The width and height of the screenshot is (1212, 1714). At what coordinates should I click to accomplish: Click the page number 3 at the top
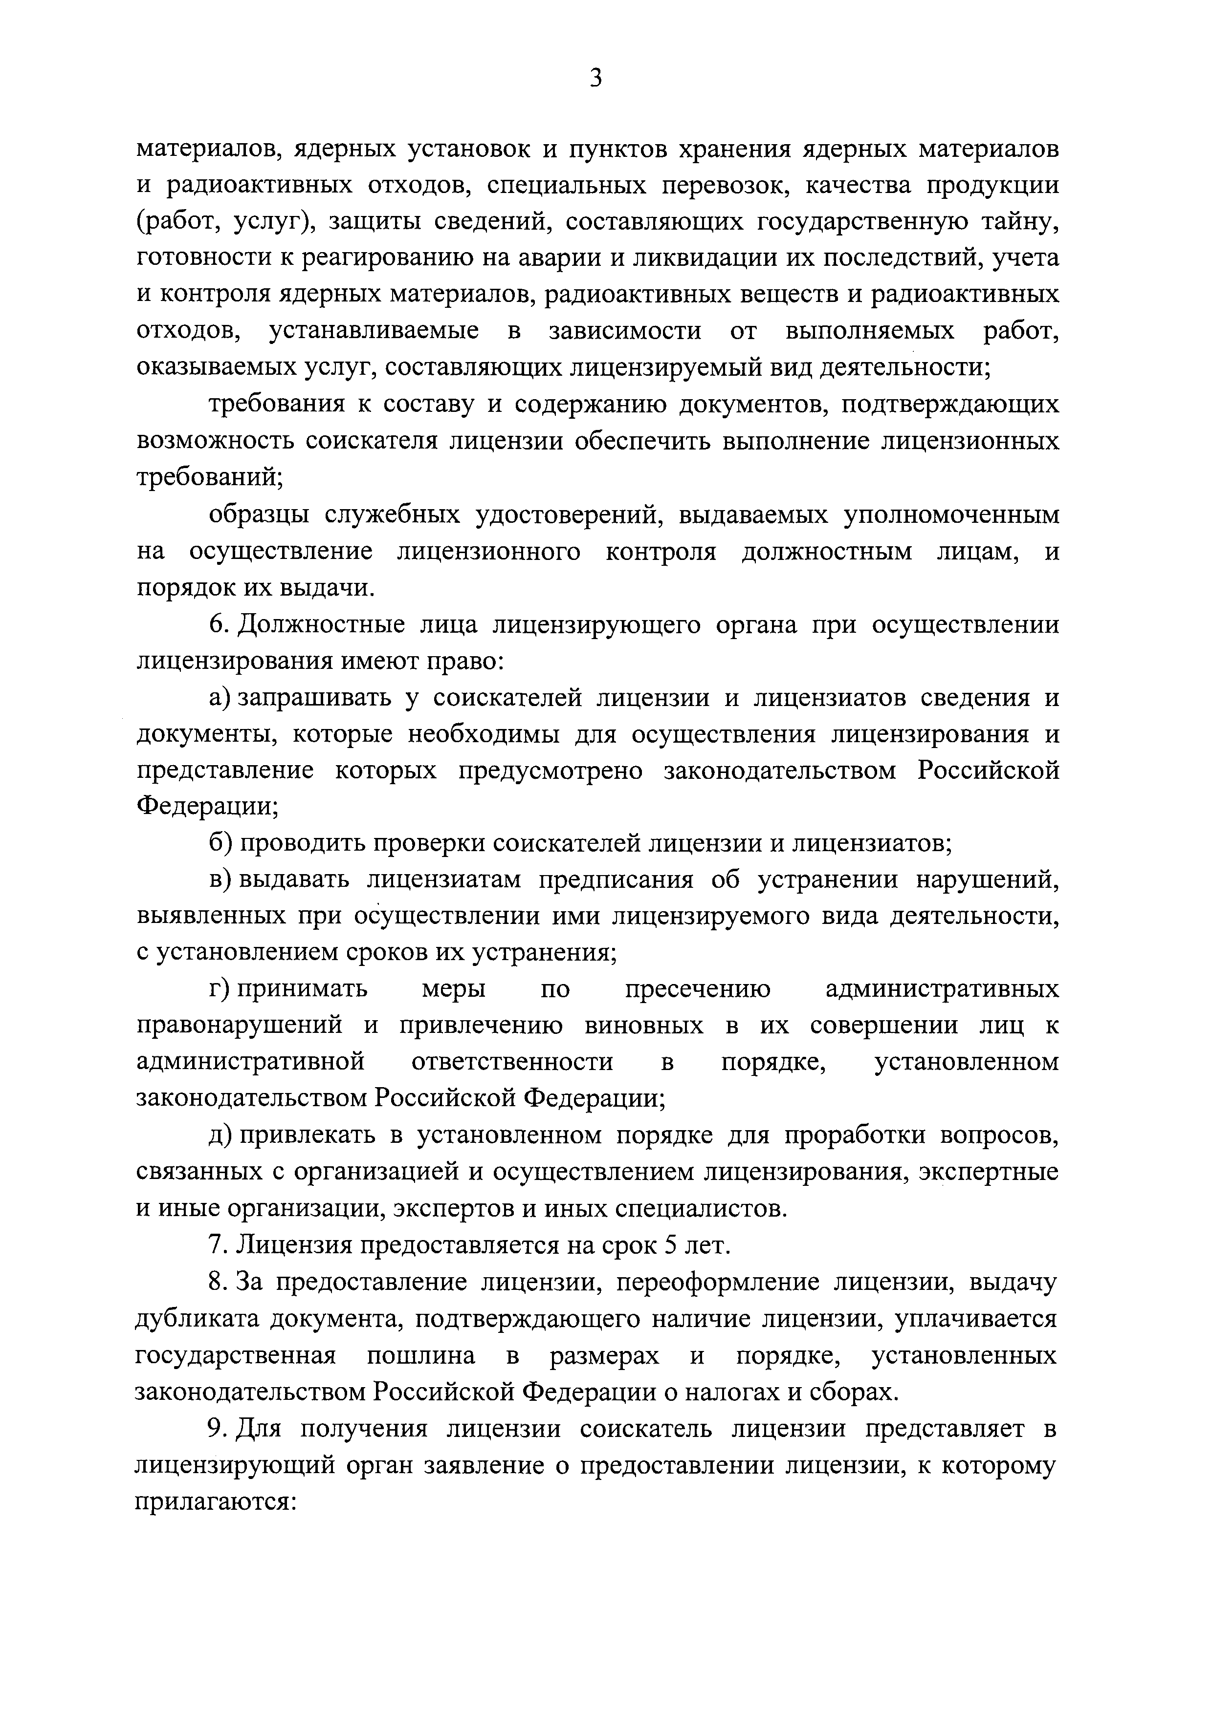click(x=595, y=78)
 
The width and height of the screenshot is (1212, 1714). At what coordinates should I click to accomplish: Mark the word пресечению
click(x=698, y=990)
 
